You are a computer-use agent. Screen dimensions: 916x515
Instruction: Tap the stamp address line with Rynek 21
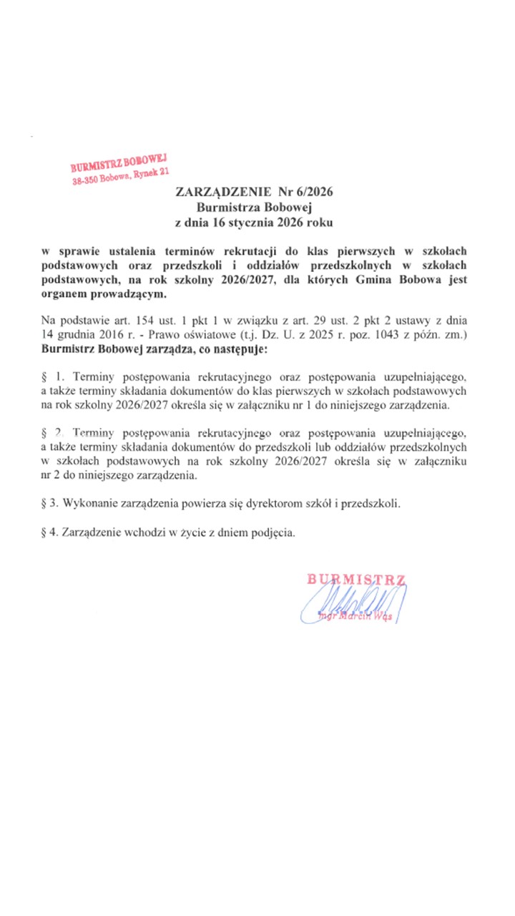point(120,175)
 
